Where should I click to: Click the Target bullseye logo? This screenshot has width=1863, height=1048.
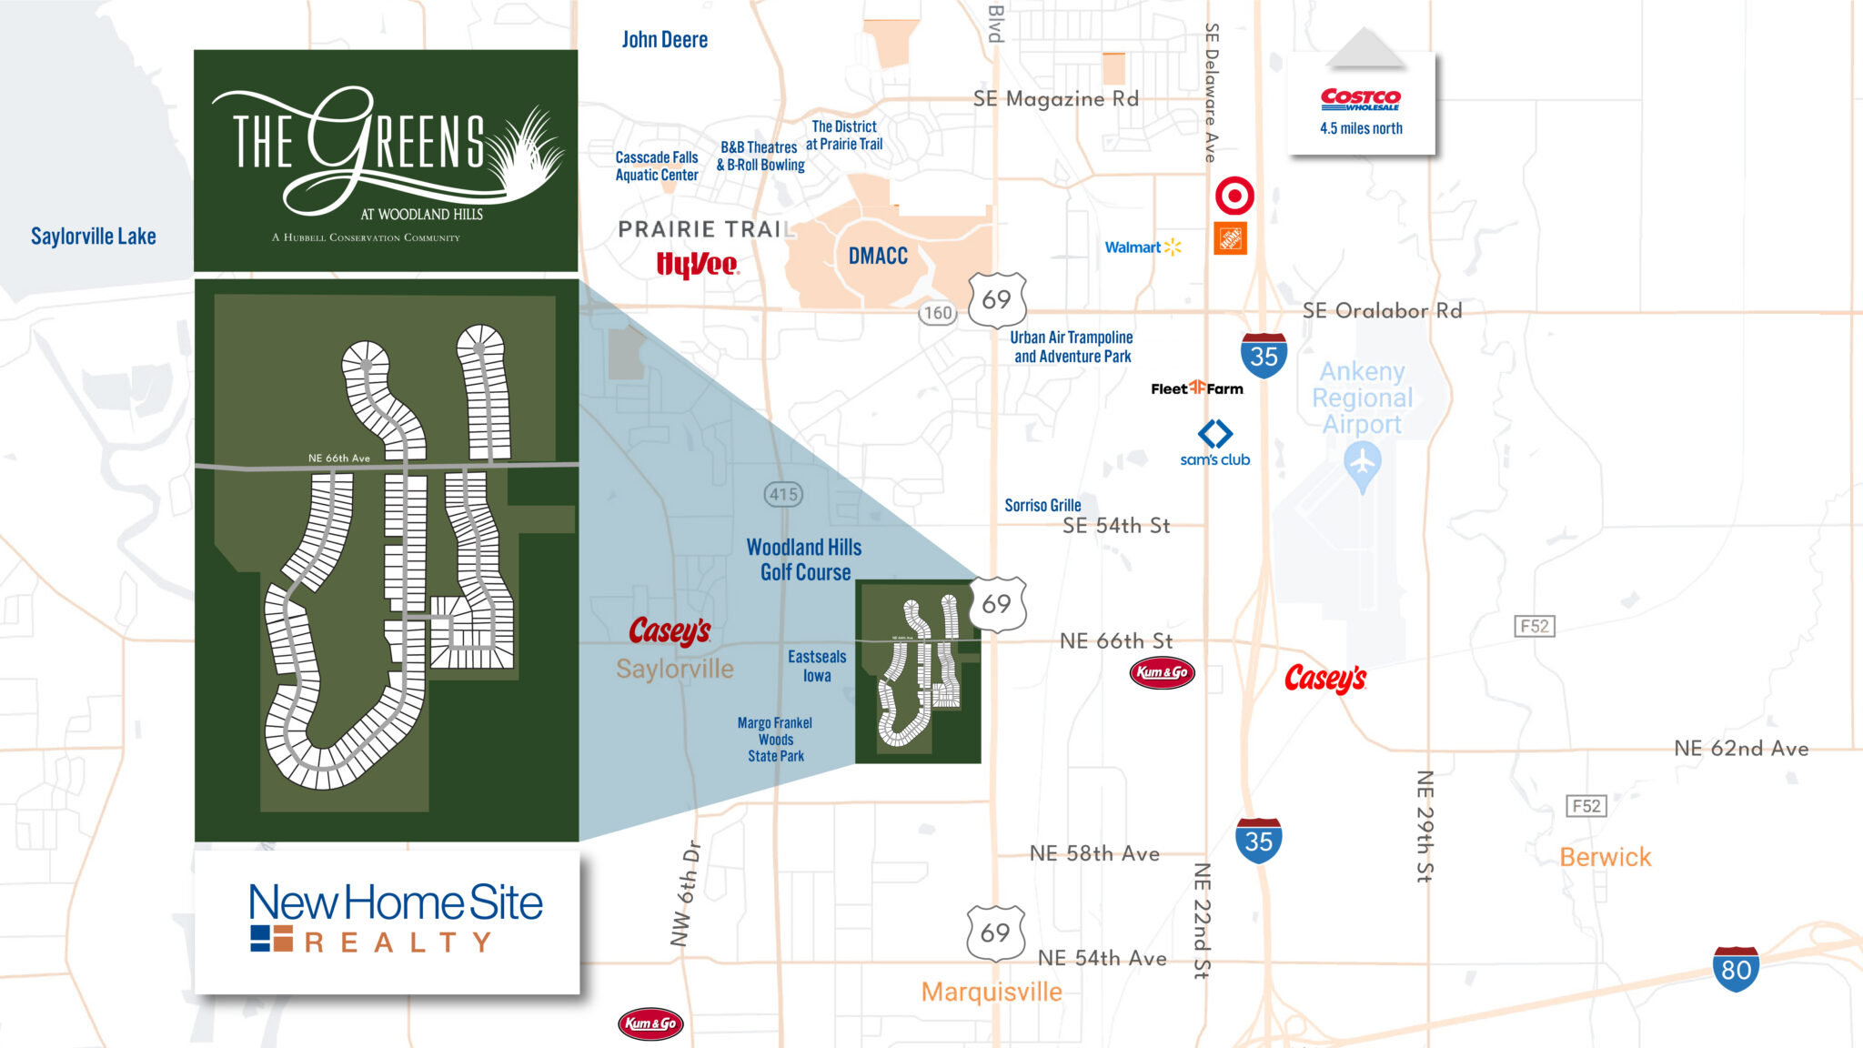tap(1234, 196)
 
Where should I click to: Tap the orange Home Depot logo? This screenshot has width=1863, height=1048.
tap(1230, 239)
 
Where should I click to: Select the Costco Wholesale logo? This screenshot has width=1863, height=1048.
tap(1360, 98)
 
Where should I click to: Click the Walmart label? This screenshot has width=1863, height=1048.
tap(1133, 247)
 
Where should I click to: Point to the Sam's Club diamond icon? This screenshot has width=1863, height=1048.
tap(1214, 433)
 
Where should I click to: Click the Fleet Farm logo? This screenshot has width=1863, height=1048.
tap(1196, 388)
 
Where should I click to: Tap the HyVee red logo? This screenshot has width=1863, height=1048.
tap(697, 264)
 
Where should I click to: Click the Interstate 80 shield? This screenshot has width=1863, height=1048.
tap(1735, 969)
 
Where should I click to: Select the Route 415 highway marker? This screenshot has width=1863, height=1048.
tap(782, 494)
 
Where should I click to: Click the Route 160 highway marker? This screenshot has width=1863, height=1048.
tap(937, 314)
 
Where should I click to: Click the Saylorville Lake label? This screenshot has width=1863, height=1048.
tap(93, 237)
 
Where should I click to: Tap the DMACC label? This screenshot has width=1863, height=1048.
tap(878, 257)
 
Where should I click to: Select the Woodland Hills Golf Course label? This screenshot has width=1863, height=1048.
tap(804, 559)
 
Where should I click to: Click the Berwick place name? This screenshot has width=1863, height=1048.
tap(1605, 857)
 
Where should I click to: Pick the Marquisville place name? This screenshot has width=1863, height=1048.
tap(991, 992)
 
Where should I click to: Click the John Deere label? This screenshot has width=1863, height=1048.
tap(664, 40)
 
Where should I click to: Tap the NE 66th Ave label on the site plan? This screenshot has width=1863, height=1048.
tap(338, 458)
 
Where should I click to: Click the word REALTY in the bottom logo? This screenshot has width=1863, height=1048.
tap(398, 942)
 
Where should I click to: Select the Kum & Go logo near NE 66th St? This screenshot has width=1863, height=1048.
tap(1162, 672)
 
